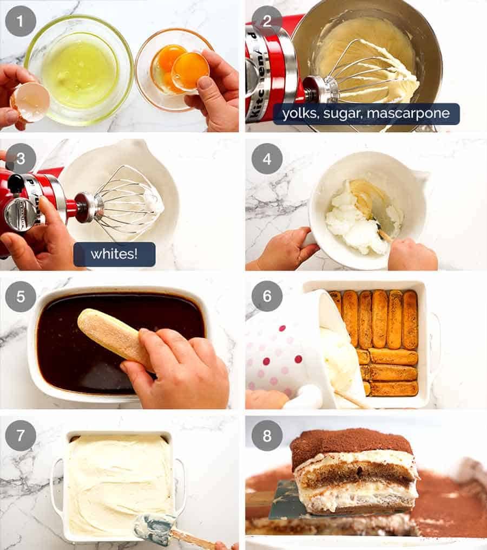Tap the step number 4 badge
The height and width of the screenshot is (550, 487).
coord(267,158)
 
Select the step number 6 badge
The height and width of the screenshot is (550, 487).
coord(267,296)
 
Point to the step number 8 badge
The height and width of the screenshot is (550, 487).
coord(267,435)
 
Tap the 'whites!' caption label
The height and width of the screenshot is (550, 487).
coord(114,254)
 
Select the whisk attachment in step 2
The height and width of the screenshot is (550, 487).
coord(368,76)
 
